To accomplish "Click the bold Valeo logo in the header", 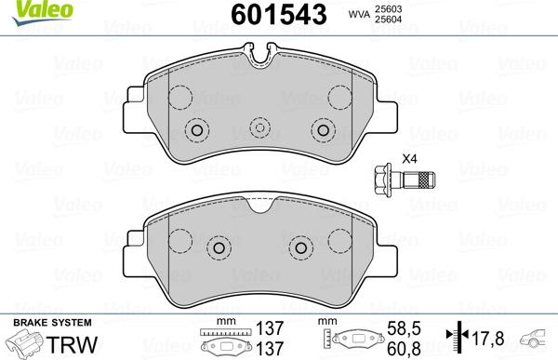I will pos(29,11).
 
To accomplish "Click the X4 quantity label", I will pos(408,157).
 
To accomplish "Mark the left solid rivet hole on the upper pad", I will pos(196,129).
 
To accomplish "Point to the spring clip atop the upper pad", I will pos(260,62).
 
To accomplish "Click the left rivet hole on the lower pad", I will pos(219,247).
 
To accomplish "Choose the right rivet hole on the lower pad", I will pos(301,247).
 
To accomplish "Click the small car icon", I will pos(537,340).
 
